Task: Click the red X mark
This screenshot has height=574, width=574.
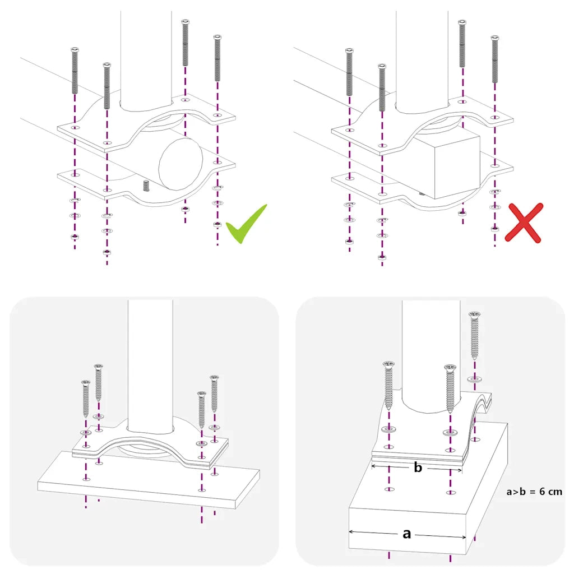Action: click(x=524, y=223)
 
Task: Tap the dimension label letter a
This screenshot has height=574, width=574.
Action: click(x=407, y=534)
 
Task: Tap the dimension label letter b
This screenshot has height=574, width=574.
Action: click(x=417, y=467)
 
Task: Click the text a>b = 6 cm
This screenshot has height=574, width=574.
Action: click(x=534, y=492)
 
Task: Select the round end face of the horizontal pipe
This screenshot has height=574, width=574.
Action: click(x=180, y=162)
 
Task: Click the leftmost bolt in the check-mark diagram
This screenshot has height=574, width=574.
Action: click(x=75, y=71)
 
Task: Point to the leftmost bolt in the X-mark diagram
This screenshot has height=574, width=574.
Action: click(x=349, y=71)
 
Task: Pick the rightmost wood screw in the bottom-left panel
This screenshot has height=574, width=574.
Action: click(x=214, y=394)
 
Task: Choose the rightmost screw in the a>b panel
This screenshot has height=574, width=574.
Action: click(x=474, y=335)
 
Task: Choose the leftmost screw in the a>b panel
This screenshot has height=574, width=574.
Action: click(x=388, y=387)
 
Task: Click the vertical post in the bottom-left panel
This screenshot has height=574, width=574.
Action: click(x=150, y=364)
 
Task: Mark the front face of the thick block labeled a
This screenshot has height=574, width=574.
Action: click(x=407, y=530)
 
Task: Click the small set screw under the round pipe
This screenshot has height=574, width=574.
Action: click(x=146, y=185)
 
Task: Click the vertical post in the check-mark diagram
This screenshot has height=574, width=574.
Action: click(x=145, y=56)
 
